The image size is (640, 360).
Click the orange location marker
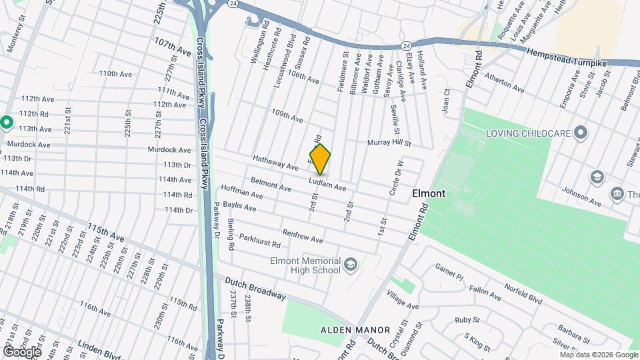click(x=320, y=159)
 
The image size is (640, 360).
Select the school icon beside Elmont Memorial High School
click(x=350, y=266)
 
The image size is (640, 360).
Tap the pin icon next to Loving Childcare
click(x=581, y=133)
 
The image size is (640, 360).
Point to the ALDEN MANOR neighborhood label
click(x=346, y=330)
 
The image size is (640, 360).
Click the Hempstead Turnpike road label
click(x=566, y=57)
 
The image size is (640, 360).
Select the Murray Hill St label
click(x=389, y=143)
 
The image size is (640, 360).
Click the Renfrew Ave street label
click(x=303, y=235)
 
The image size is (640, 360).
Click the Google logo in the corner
click(x=22, y=351)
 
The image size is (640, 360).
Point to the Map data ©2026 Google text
click(x=598, y=355)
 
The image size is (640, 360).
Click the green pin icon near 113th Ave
click(x=7, y=122)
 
